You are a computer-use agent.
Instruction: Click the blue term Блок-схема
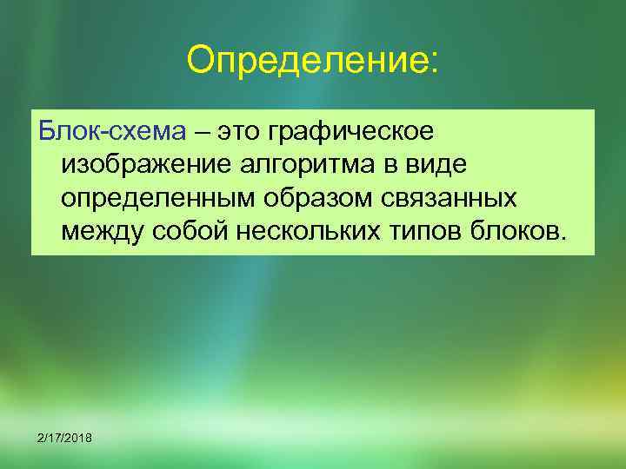pos(110,132)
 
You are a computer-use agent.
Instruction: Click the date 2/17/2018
pos(65,436)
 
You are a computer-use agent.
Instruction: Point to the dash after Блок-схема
pos(202,134)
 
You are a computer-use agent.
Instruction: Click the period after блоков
pos(564,238)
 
